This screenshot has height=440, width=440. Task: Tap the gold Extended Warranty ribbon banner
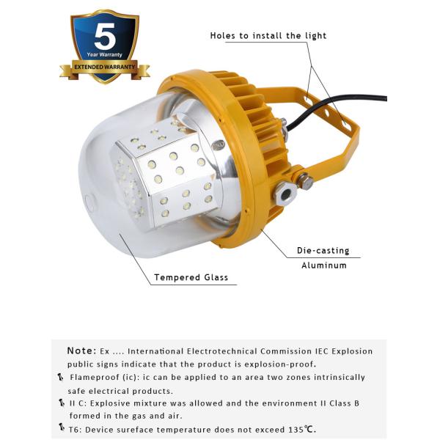tap(104, 68)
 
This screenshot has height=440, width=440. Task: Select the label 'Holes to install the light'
tap(268, 35)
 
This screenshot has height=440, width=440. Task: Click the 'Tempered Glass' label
tap(191, 278)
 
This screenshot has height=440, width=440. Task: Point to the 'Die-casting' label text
tap(323, 251)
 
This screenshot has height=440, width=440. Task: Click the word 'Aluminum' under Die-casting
tap(323, 265)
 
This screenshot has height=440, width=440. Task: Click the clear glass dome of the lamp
tap(110, 198)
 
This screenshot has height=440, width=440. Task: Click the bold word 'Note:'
tap(81, 351)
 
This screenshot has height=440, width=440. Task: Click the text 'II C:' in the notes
tap(79, 403)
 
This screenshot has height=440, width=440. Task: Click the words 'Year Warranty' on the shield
tap(104, 55)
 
